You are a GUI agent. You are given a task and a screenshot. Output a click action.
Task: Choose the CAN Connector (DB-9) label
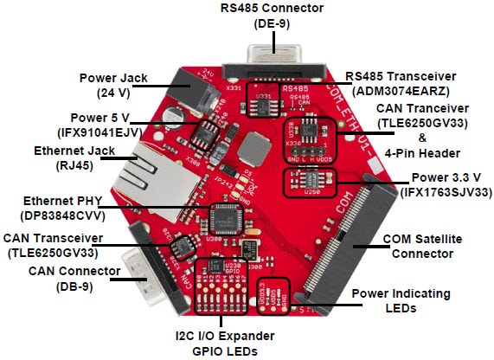tap(59, 280)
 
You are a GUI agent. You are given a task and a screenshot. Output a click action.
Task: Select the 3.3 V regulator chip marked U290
tap(310, 178)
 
